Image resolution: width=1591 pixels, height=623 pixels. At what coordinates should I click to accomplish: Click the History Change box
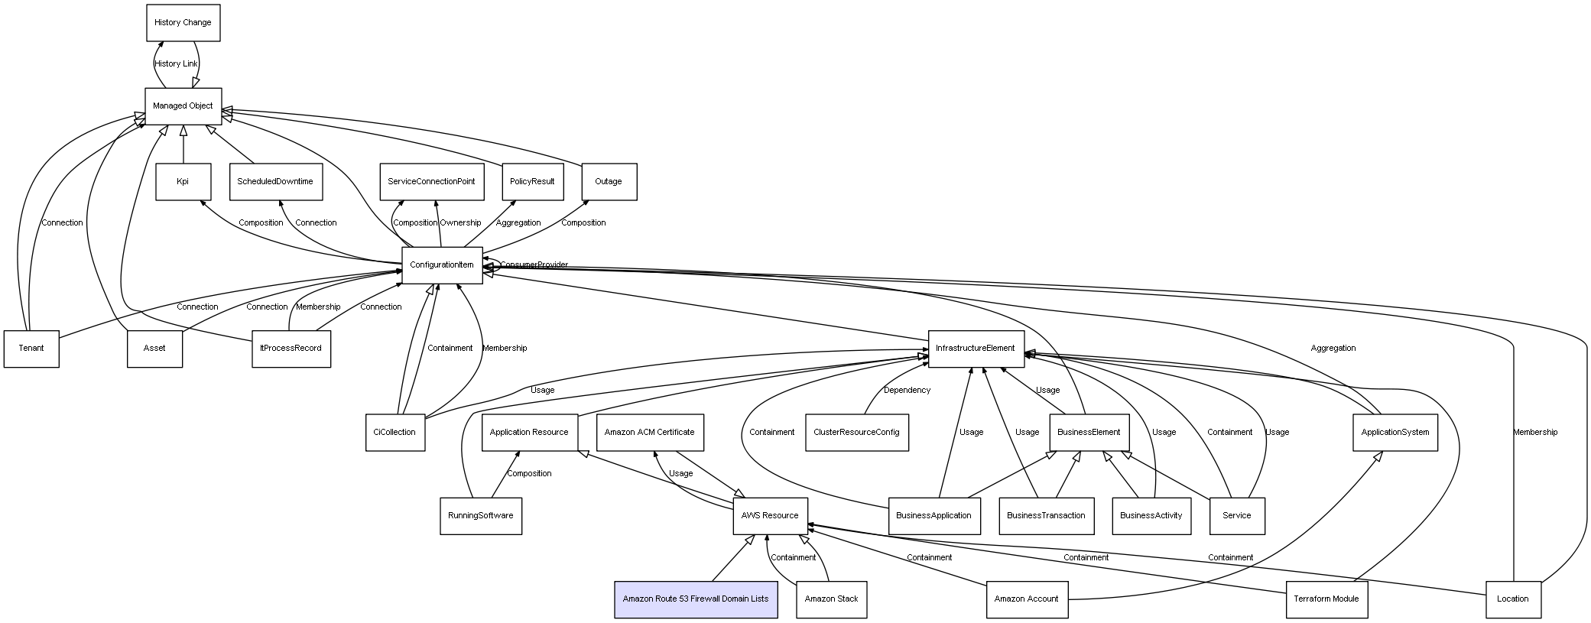click(x=183, y=23)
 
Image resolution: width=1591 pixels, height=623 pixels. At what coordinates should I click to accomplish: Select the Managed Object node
click(x=183, y=106)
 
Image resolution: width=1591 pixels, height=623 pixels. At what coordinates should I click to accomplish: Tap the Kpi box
click(x=183, y=182)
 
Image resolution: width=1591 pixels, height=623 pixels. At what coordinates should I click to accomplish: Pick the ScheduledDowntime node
click(x=275, y=182)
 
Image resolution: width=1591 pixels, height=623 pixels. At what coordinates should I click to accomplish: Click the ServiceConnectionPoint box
click(x=431, y=182)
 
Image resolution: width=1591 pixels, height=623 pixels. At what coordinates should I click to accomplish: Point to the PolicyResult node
click(x=532, y=182)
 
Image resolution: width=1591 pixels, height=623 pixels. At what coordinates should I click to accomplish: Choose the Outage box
click(x=609, y=182)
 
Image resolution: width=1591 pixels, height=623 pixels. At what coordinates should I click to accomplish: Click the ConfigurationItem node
click(x=442, y=265)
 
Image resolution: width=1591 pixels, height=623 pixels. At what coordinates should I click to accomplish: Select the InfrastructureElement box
click(x=976, y=349)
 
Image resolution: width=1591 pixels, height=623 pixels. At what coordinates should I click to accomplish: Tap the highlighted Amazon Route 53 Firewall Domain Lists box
click(x=696, y=599)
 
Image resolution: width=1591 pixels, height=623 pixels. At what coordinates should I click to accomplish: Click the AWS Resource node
click(x=770, y=516)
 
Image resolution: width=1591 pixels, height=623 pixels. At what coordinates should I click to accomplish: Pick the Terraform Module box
click(x=1326, y=599)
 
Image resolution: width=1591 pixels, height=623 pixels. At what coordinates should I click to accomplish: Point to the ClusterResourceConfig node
click(x=857, y=433)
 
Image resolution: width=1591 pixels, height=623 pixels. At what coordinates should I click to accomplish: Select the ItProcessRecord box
click(x=291, y=349)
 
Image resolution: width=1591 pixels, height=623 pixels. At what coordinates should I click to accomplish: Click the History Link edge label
click(x=176, y=64)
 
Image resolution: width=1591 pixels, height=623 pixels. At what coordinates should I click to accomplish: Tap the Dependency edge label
click(x=908, y=391)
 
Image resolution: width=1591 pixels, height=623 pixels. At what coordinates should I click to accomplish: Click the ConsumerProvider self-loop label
click(x=534, y=265)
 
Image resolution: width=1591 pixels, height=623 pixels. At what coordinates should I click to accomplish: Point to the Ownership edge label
click(x=460, y=223)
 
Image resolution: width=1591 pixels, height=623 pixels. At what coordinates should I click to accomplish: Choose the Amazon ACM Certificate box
click(x=650, y=433)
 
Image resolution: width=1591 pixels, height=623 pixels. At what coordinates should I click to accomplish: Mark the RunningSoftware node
click(x=481, y=516)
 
